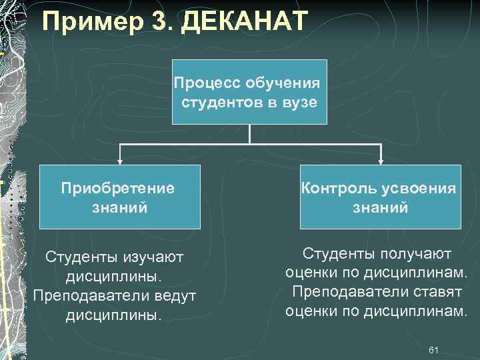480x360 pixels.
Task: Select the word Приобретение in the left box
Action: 118,188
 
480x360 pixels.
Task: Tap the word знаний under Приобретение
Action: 119,207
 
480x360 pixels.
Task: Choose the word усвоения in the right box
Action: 417,188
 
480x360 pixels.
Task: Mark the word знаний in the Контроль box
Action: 380,207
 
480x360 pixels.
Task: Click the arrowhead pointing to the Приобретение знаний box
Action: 120,160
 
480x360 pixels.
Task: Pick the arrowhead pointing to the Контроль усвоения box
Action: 381,160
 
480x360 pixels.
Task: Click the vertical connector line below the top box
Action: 249,134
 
